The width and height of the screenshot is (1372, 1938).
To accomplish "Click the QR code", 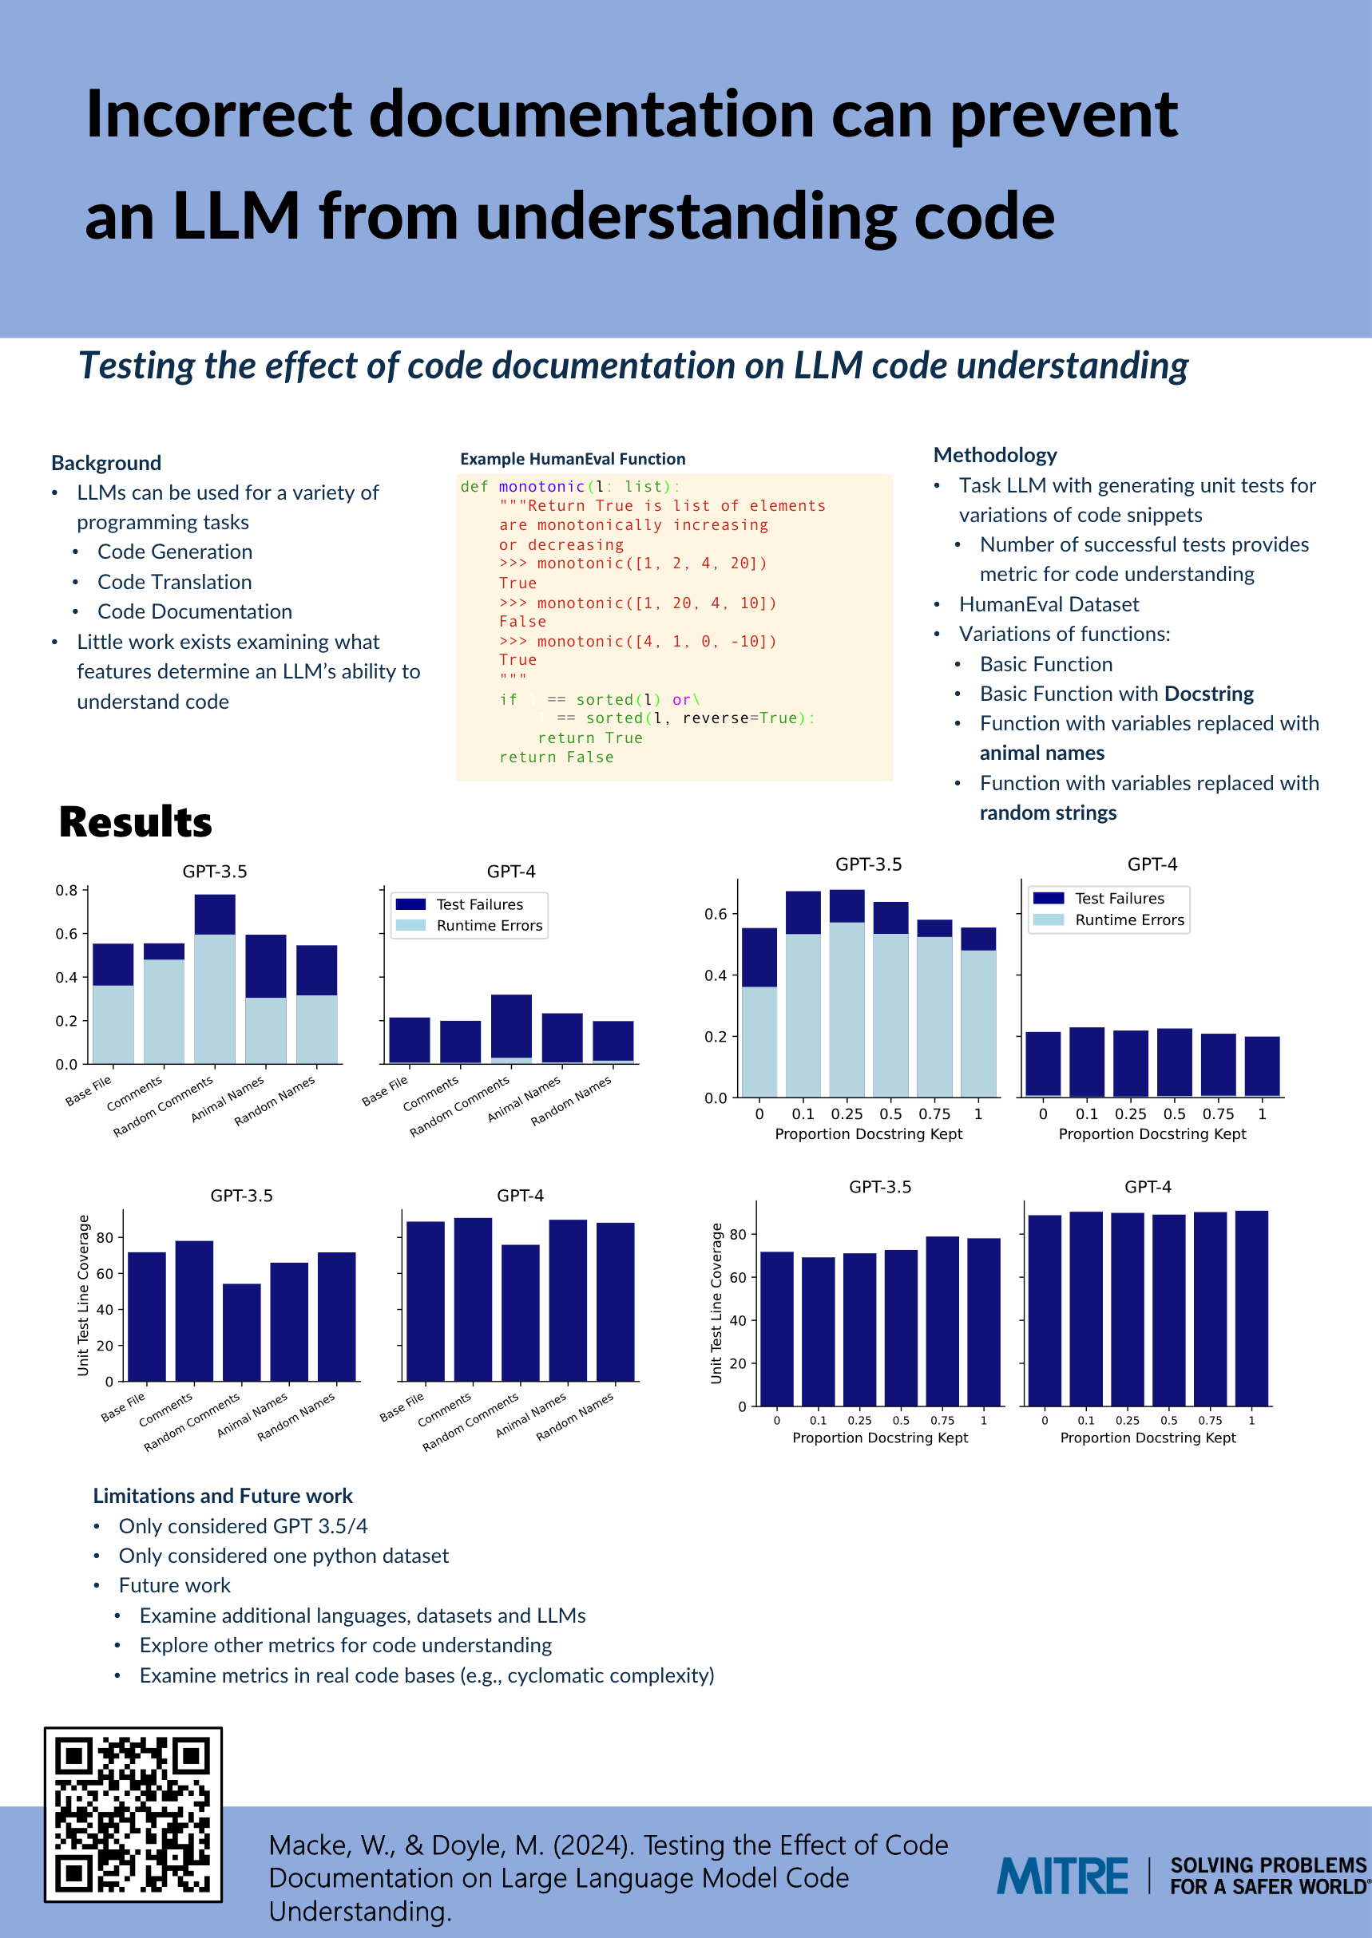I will click(x=133, y=1813).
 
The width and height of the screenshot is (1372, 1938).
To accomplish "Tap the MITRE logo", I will click(x=1062, y=1877).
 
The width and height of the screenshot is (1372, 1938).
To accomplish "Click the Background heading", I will click(x=105, y=463).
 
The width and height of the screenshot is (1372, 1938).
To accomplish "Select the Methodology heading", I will click(x=994, y=455).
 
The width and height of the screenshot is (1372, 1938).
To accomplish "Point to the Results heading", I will click(x=135, y=821).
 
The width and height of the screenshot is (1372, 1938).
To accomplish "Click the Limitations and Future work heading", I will click(x=222, y=1496).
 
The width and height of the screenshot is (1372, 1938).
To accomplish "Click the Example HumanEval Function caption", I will click(x=572, y=458).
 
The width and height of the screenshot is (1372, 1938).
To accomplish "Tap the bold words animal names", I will click(x=1041, y=753).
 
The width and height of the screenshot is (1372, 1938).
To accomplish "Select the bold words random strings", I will click(x=1048, y=813).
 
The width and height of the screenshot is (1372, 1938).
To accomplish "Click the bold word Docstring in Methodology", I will click(x=1208, y=694).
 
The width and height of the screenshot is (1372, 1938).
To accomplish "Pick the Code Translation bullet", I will click(x=174, y=582).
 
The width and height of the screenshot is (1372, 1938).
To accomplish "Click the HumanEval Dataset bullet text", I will click(x=1049, y=603).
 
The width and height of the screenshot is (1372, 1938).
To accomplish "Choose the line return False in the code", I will click(x=556, y=757).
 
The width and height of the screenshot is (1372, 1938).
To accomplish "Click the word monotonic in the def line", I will click(x=541, y=486).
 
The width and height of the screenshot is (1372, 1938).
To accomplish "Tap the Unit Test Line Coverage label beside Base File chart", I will click(x=83, y=1295).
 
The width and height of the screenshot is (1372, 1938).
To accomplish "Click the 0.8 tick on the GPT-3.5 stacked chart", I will click(x=67, y=890).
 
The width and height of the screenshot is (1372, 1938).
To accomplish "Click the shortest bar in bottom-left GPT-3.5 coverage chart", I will click(x=242, y=1331).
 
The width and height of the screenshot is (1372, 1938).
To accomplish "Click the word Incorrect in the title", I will click(x=218, y=114).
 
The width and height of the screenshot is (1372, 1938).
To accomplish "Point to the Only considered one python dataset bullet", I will click(x=283, y=1556).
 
